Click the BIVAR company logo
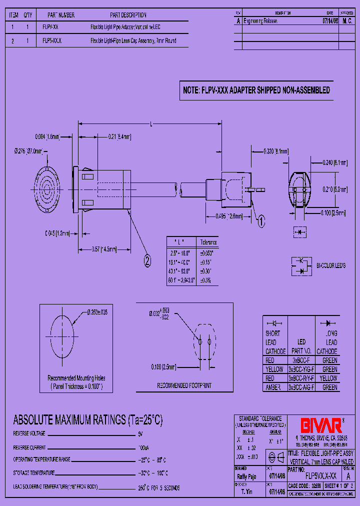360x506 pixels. coord(320,425)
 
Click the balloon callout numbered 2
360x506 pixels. coord(147,260)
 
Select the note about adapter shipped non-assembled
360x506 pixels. coord(256,90)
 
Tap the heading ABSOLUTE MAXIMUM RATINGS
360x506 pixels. coord(87,419)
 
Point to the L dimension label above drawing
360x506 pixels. coord(150,124)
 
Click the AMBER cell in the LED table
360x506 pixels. coord(273,387)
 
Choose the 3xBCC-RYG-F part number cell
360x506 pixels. coord(301,378)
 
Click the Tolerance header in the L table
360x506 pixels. coord(208,241)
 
